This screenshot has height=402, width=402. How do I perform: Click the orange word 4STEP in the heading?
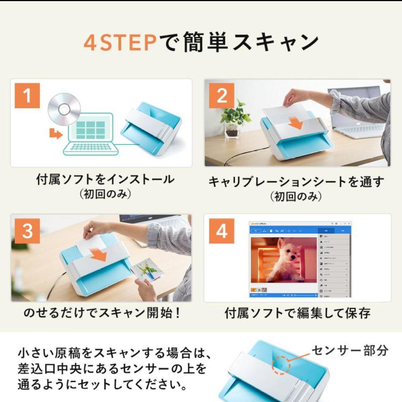pos(120,43)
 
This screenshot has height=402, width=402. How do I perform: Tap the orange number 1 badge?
pos(27,96)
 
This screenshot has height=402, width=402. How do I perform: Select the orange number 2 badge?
pos(222,96)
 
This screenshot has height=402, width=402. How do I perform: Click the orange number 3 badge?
pos(27,231)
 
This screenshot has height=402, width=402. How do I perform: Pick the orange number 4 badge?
pos(222,231)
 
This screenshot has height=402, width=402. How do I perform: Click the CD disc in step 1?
pos(64,109)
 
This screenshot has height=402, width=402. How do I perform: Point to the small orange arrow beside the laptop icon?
pos(56,134)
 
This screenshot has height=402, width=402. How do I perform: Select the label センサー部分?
pos(350,350)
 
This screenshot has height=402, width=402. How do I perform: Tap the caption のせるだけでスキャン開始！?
pos(102,313)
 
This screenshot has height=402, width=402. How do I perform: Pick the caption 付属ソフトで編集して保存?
pos(297,313)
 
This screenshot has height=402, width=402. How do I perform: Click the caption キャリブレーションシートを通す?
pos(296,182)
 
